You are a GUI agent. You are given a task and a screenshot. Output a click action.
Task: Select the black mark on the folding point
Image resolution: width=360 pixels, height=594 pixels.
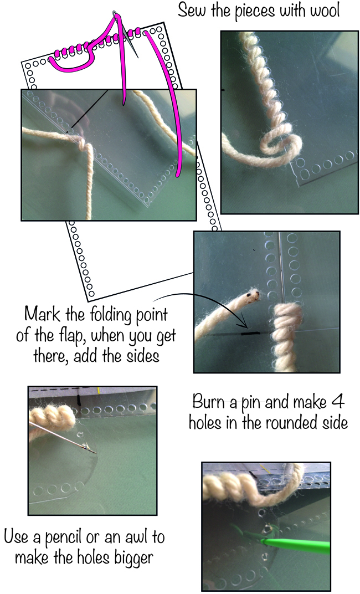250,334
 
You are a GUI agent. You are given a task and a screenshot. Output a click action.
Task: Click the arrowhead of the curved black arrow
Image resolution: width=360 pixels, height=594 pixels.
245,326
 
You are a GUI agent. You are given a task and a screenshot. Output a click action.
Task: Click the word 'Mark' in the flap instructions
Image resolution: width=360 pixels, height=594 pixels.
42,314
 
